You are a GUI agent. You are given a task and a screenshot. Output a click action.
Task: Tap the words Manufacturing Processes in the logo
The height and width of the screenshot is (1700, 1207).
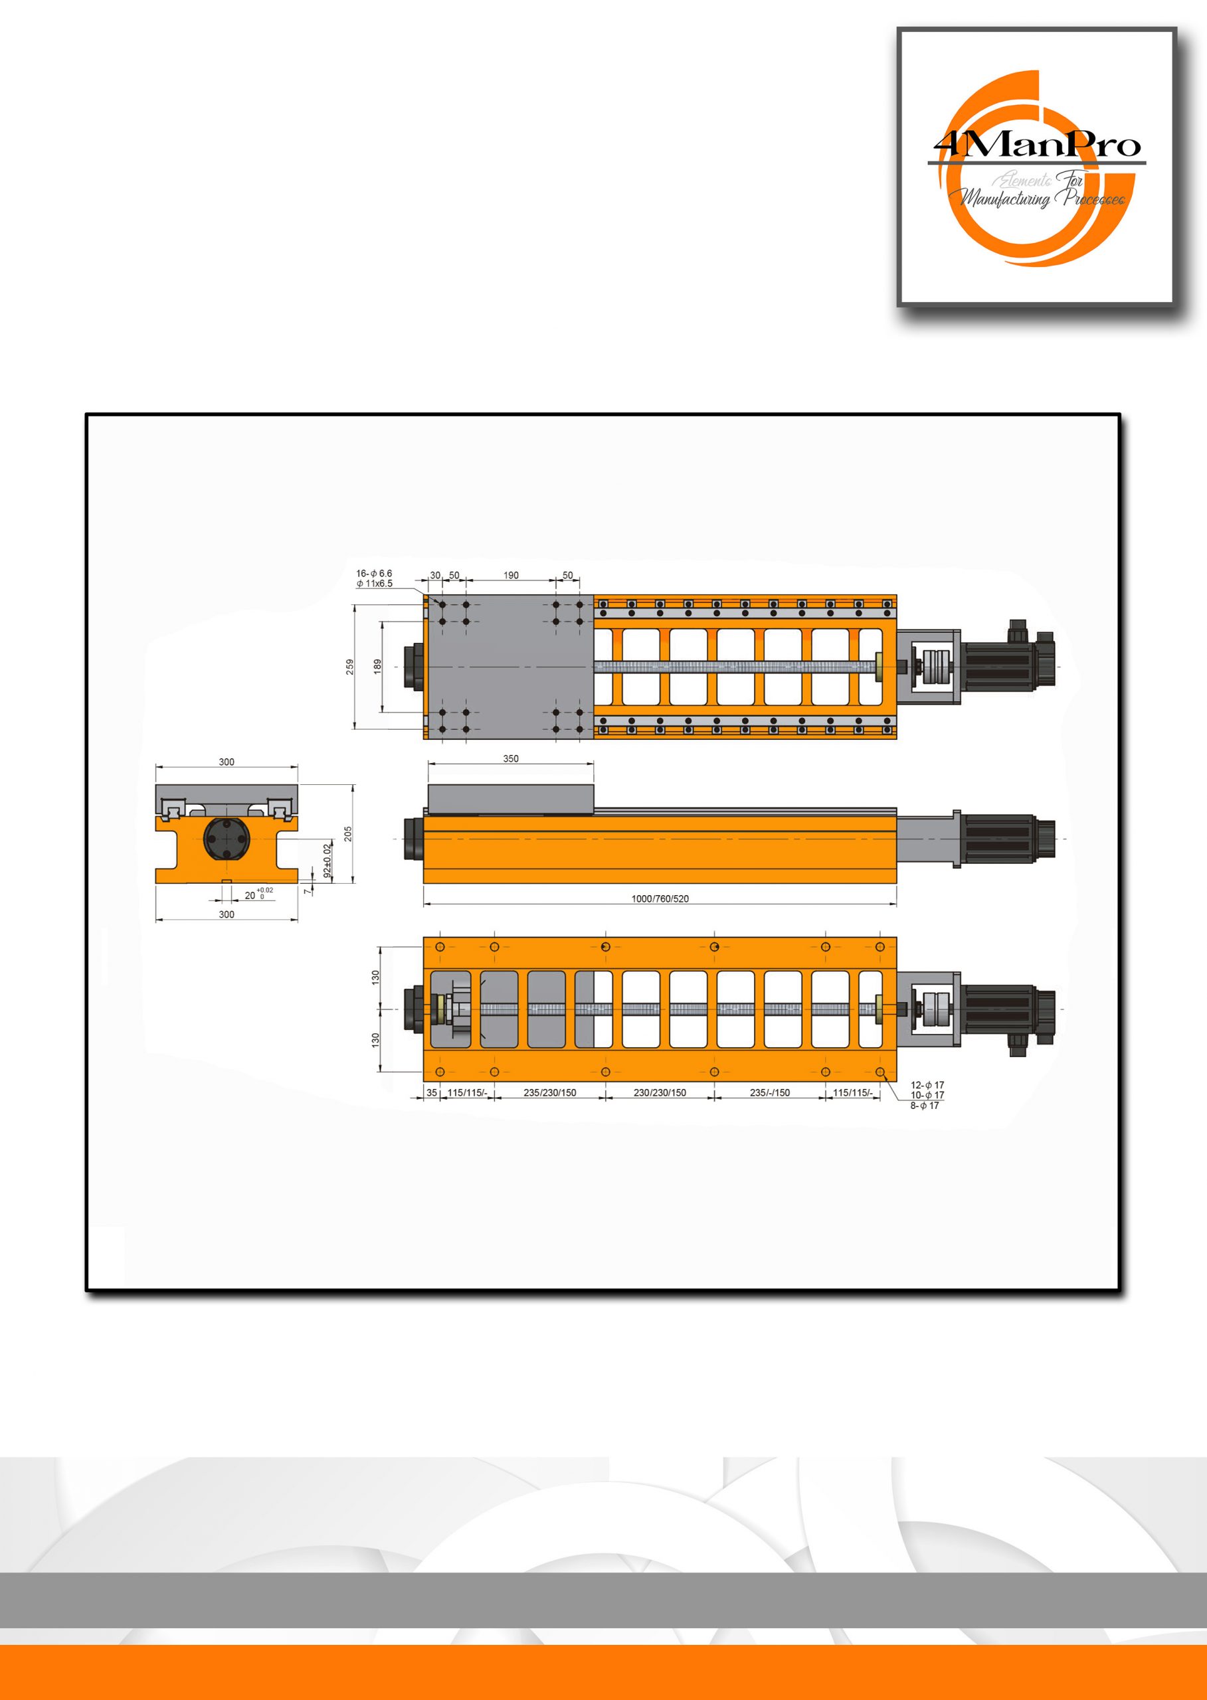click(1043, 198)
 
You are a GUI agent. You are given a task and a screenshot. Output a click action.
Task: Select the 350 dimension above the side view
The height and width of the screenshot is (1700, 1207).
click(511, 758)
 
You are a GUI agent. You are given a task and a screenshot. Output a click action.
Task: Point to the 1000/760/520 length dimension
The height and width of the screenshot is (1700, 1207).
click(660, 898)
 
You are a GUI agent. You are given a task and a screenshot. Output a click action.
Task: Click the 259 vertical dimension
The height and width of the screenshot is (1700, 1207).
click(350, 667)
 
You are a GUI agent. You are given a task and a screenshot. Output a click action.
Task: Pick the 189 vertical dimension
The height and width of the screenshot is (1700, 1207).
click(377, 667)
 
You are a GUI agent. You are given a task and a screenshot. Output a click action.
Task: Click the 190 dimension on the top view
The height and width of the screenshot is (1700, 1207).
click(511, 575)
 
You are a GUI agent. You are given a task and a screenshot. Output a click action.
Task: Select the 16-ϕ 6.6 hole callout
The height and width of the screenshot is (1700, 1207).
click(374, 574)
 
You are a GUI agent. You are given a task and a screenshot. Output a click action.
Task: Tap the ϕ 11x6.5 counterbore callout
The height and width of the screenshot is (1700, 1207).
click(375, 583)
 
